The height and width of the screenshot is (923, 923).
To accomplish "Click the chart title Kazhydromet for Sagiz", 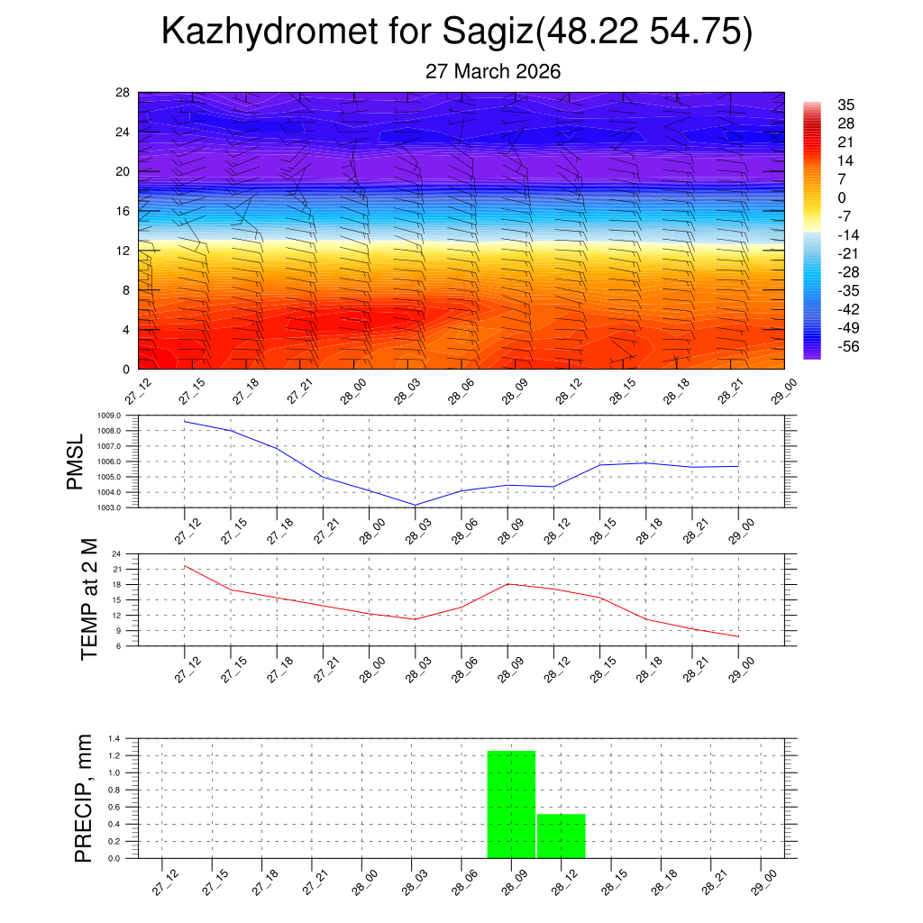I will (x=456, y=32).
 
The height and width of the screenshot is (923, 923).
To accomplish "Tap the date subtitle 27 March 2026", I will (x=493, y=71).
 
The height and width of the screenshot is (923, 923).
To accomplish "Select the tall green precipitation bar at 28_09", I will (x=511, y=804).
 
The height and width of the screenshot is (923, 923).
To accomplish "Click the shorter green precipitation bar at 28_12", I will (x=561, y=836).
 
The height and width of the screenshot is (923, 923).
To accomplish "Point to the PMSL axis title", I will (x=76, y=461).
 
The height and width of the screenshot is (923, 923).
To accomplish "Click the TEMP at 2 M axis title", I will (x=88, y=599).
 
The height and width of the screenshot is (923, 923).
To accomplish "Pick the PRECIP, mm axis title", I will (x=83, y=798).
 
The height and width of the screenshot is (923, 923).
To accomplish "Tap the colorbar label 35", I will (x=845, y=105).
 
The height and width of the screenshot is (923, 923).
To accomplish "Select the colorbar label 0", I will (x=842, y=198).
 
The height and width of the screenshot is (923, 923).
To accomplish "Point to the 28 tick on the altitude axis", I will (x=123, y=93).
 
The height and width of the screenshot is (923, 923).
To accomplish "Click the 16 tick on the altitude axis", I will (x=123, y=211).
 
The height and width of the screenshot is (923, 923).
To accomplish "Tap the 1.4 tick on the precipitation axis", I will (x=114, y=739).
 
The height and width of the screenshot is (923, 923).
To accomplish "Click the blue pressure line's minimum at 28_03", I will (x=415, y=505).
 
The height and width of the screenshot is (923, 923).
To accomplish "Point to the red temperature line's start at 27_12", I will (x=185, y=566).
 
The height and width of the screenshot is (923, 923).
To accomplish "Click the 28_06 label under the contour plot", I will (x=457, y=393).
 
